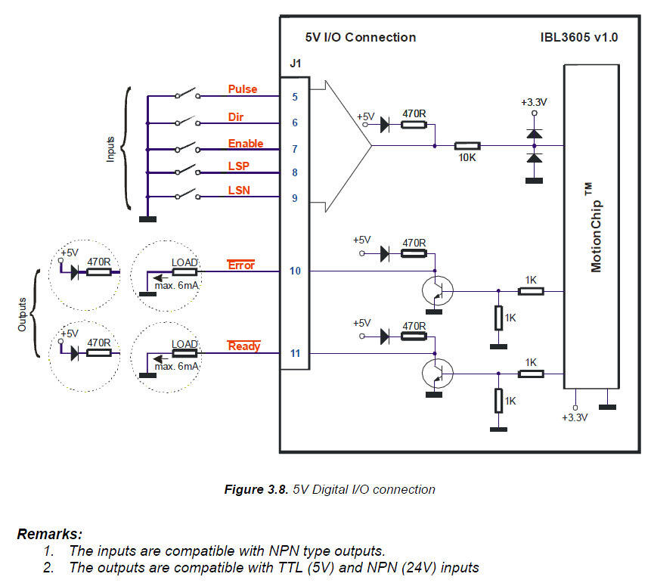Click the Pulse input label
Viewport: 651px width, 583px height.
[x=243, y=89]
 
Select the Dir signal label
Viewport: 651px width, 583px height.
[x=237, y=117]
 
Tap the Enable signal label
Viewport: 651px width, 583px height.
[x=246, y=144]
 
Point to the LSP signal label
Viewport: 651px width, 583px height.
[x=239, y=166]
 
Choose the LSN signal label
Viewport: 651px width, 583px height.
[x=240, y=192]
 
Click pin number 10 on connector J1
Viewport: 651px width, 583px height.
[x=295, y=271]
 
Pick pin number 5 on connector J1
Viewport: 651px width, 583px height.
[x=295, y=97]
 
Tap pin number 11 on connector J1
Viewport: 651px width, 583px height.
[x=295, y=353]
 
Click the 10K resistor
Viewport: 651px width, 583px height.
[x=467, y=146]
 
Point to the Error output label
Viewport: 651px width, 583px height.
[x=241, y=265]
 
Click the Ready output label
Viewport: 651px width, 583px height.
[x=243, y=346]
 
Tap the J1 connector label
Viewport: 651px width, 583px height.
[x=296, y=64]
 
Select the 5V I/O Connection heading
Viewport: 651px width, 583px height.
[x=360, y=37]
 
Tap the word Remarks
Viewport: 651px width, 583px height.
[x=50, y=534]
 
